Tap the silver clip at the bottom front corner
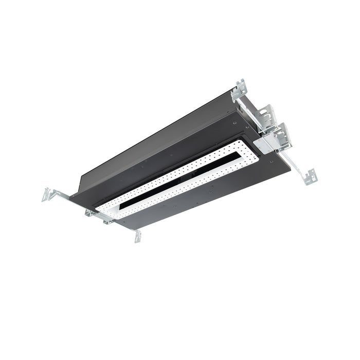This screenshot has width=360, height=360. click(137, 236)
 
